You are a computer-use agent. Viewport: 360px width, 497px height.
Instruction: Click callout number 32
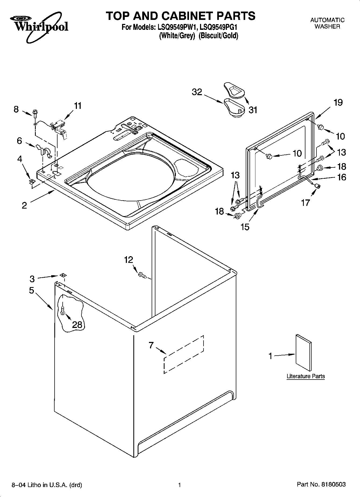[197, 92]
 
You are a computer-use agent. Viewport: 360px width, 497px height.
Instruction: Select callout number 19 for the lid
[338, 102]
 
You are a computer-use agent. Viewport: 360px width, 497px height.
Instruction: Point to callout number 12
[129, 260]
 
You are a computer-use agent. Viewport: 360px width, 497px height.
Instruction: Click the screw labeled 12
[142, 275]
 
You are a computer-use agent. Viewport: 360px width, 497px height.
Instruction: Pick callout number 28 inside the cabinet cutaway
[77, 325]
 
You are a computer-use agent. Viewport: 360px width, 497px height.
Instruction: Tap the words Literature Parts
[306, 376]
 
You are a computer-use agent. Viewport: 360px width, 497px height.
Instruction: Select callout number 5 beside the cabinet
[31, 290]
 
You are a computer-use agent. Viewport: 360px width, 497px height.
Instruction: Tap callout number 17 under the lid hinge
[305, 202]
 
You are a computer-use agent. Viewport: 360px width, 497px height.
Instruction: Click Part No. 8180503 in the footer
[321, 485]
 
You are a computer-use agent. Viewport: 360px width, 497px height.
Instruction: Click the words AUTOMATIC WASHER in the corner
[327, 23]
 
